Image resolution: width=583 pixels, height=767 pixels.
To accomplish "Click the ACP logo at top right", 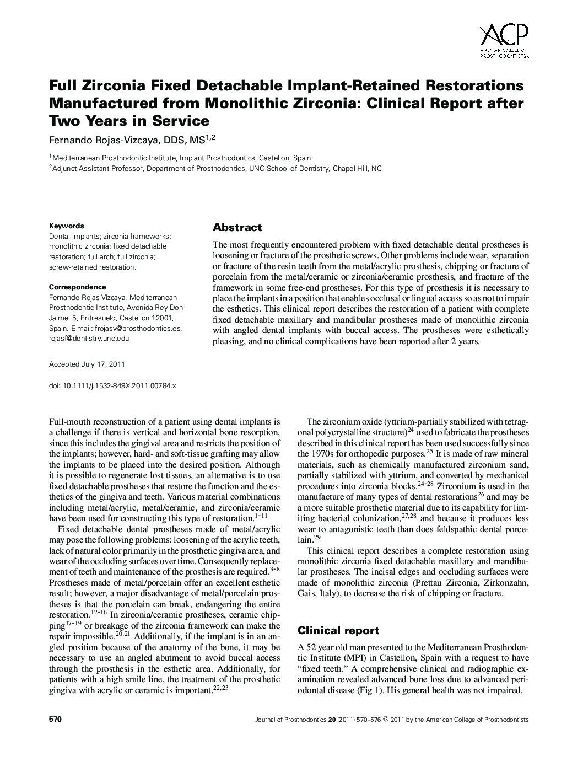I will click(504, 40).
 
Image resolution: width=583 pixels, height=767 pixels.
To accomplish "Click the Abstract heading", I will click(237, 228).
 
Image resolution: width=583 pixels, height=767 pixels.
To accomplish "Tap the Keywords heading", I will click(67, 226).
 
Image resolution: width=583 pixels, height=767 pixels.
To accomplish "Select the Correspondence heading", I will click(77, 287).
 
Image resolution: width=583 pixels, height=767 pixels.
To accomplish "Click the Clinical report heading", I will click(338, 630).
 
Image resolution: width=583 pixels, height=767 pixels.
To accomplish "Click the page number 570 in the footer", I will click(55, 720).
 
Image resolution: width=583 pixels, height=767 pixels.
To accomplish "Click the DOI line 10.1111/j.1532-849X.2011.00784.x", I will click(112, 387).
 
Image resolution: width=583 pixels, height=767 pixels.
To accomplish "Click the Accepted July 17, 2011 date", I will click(87, 364).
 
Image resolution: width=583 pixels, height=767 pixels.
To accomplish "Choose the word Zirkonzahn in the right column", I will click(504, 583).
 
